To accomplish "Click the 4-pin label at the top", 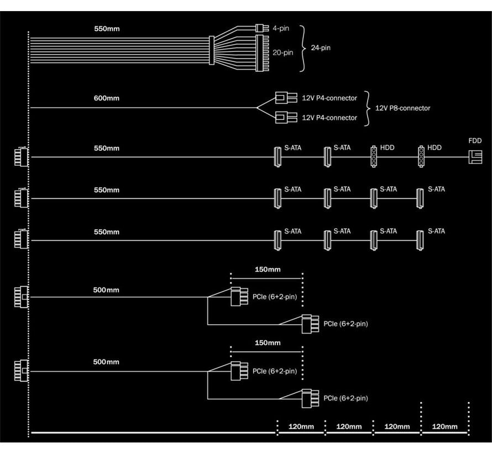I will click(x=279, y=27).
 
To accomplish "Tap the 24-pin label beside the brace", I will click(x=321, y=48).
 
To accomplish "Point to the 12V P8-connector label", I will click(x=403, y=108).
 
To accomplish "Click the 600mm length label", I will click(x=106, y=98).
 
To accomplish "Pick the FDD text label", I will click(x=475, y=140).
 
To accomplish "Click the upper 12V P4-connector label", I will click(x=329, y=98).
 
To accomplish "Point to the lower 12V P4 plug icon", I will click(x=281, y=117).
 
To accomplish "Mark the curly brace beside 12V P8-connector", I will click(x=368, y=108).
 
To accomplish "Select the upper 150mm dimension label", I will click(x=267, y=270).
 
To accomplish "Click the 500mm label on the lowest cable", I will click(x=106, y=362).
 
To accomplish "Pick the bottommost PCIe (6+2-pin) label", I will click(x=346, y=398).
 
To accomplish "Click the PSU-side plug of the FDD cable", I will click(x=20, y=157).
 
